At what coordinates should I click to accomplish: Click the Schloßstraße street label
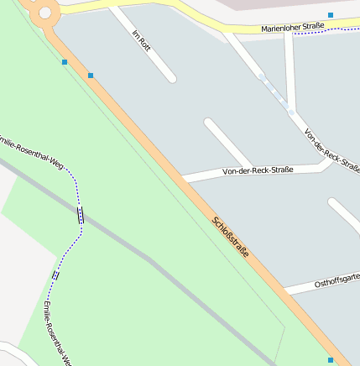coord(230,237)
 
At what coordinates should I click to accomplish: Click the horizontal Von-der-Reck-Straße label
coord(258,171)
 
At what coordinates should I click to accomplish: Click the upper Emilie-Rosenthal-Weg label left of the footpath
coord(33,148)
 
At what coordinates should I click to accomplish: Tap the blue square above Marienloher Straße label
coord(331,15)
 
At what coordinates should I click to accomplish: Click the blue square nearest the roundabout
coord(65,61)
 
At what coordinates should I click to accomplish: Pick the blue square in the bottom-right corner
coord(331,360)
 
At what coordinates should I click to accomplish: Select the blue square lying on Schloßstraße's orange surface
coord(91,76)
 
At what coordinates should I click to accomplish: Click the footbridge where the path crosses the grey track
coord(81,215)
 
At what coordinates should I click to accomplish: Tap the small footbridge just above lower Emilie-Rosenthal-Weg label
coord(55,274)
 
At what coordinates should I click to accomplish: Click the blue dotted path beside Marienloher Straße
coord(340,30)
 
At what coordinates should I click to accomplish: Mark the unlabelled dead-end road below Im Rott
coord(227,143)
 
